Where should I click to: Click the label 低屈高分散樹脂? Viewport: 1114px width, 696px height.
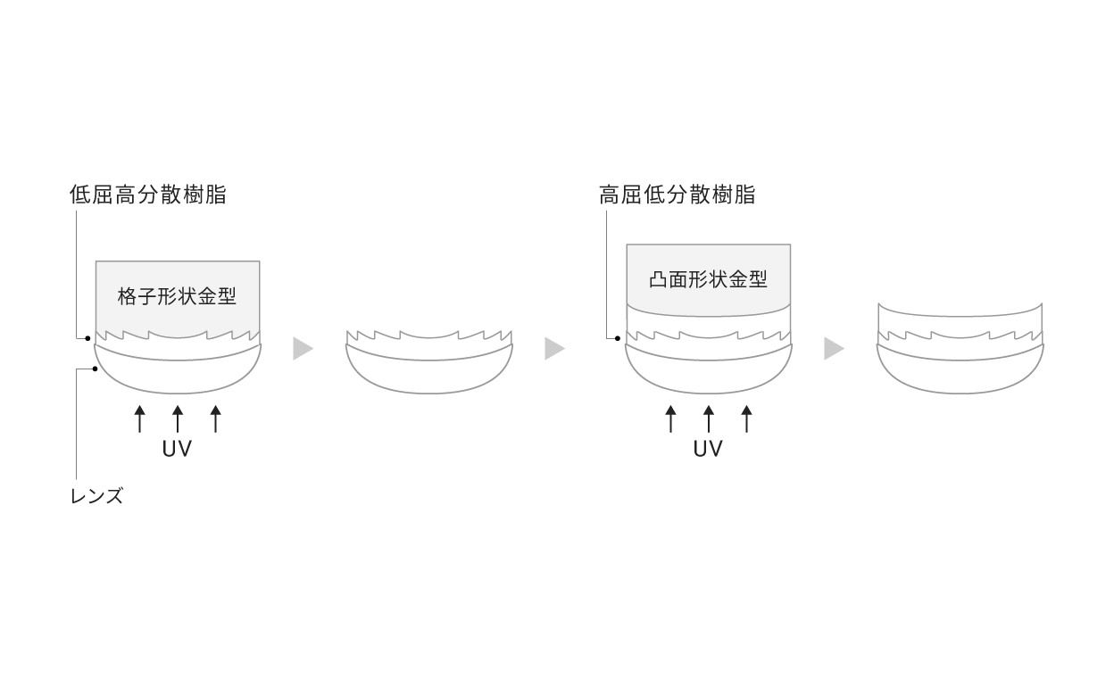coord(147,195)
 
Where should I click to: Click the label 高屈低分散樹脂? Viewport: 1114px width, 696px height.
coord(677,195)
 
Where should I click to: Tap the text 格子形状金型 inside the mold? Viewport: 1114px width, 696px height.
coord(177,296)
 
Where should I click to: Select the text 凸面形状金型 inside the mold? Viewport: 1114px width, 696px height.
coord(708,279)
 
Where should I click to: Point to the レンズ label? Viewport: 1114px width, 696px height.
coord(97,496)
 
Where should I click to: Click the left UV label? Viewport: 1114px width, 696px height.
coord(177,449)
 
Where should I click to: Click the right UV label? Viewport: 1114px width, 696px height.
coord(708,449)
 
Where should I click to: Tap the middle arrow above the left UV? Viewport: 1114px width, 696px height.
coord(178,418)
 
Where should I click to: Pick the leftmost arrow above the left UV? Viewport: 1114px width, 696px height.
coord(140,418)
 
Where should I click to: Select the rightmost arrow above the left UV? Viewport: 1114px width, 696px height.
coord(215,418)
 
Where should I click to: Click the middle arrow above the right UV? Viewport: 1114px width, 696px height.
coord(709,418)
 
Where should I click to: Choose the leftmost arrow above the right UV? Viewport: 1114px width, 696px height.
coord(671,418)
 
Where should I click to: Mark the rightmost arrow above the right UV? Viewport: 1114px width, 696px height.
coord(746,418)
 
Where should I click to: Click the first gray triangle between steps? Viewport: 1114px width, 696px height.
coord(303,349)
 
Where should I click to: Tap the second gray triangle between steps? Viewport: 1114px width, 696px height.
coord(554,349)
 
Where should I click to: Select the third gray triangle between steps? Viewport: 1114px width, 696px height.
coord(834,349)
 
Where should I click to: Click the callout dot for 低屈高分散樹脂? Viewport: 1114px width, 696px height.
coord(88,338)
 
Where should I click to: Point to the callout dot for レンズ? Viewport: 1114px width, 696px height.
coord(95,369)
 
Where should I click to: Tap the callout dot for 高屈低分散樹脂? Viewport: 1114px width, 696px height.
coord(618,338)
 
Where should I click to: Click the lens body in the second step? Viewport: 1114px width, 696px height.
coord(429,376)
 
